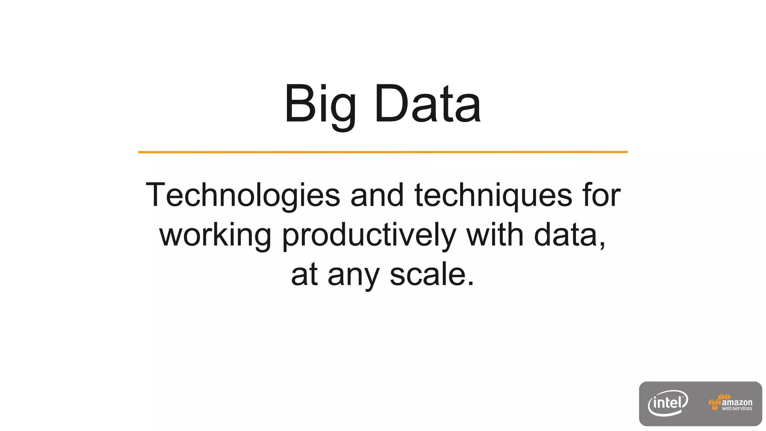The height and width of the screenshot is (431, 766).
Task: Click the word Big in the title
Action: pyautogui.click(x=320, y=105)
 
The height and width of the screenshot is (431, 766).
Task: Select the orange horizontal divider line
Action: pyautogui.click(x=383, y=152)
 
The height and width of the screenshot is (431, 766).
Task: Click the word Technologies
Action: pyautogui.click(x=243, y=195)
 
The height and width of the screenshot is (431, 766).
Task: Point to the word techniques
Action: pyautogui.click(x=493, y=195)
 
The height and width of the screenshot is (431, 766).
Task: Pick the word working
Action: pyautogui.click(x=215, y=235)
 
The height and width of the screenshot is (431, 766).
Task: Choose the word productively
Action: pyautogui.click(x=369, y=235)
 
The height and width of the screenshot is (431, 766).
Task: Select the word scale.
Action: pyautogui.click(x=432, y=275)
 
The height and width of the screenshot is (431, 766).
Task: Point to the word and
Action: pyautogui.click(x=377, y=195)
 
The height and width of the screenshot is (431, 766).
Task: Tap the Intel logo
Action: pyautogui.click(x=668, y=403)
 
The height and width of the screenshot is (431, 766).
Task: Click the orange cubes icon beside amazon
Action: pyautogui.click(x=715, y=402)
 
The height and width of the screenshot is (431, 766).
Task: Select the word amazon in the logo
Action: pyautogui.click(x=737, y=402)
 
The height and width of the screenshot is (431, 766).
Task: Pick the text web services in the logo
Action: pyautogui.click(x=737, y=409)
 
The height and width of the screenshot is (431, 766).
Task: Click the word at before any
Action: pyautogui.click(x=304, y=275)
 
